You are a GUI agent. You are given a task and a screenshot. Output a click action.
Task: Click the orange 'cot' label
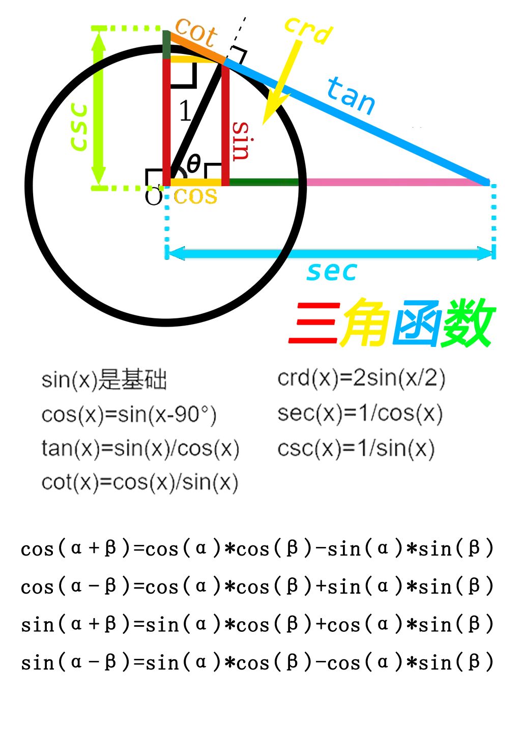(196, 32)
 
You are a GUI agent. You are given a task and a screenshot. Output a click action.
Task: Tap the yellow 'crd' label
(308, 30)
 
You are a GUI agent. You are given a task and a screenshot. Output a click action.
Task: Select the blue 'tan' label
(351, 95)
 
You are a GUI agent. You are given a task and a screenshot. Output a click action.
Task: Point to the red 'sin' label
(241, 141)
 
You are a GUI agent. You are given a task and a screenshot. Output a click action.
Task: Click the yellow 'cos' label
(195, 195)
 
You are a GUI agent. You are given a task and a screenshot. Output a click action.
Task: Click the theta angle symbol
(194, 164)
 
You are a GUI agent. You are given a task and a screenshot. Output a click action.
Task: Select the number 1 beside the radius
(185, 111)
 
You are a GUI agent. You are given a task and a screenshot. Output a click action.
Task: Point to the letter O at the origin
(154, 196)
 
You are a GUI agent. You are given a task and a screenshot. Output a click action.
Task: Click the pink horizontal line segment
(397, 182)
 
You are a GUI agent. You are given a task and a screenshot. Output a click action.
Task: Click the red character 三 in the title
(313, 323)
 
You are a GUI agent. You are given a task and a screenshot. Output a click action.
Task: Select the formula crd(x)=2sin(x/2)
(361, 378)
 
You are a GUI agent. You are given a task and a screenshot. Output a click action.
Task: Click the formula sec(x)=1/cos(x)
(360, 414)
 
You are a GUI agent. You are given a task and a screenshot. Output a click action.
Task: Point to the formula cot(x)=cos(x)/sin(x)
(140, 482)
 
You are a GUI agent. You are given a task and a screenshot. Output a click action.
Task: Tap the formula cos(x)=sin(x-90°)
(129, 415)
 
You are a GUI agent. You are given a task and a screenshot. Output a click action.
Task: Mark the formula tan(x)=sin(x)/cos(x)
(140, 448)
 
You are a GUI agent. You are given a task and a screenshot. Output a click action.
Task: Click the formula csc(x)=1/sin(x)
(356, 448)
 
